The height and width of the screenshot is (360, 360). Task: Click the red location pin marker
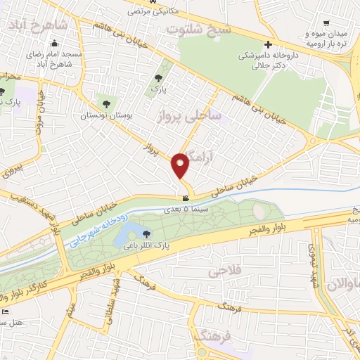tap(181, 165)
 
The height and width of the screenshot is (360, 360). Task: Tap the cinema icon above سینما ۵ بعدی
tap(185, 199)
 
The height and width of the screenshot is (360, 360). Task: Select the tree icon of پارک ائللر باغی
tap(146, 234)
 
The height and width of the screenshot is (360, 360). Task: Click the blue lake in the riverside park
tap(130, 231)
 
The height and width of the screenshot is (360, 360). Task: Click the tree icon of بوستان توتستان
tap(108, 100)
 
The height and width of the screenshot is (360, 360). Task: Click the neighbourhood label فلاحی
tap(226, 271)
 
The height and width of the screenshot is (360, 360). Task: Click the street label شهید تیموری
tap(310, 264)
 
